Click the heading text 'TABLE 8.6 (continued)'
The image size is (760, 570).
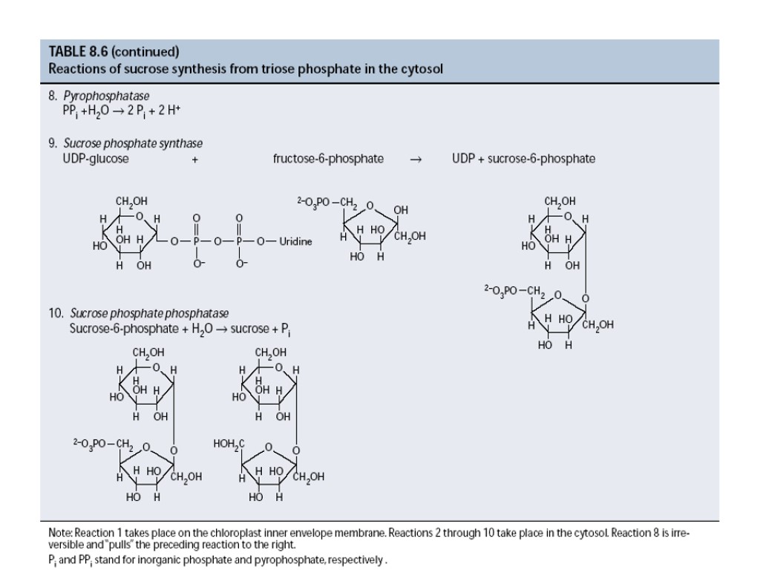[x=114, y=52]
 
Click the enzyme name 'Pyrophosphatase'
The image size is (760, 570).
[x=106, y=96]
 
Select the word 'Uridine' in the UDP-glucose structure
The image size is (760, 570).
[x=295, y=242]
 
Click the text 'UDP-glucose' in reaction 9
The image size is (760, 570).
[x=95, y=159]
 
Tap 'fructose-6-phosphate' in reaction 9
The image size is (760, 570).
[x=328, y=159]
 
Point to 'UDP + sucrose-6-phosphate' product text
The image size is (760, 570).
[x=523, y=159]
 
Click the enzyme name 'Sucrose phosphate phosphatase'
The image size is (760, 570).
[x=149, y=313]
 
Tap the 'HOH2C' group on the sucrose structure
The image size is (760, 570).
[x=229, y=444]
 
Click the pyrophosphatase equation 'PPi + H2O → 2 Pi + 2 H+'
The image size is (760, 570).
[x=122, y=111]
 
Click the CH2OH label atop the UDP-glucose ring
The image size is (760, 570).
[x=131, y=201]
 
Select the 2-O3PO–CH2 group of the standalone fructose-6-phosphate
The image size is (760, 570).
[x=327, y=202]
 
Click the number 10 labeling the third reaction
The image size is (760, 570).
[x=56, y=313]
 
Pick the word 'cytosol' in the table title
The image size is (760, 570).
[x=423, y=70]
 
